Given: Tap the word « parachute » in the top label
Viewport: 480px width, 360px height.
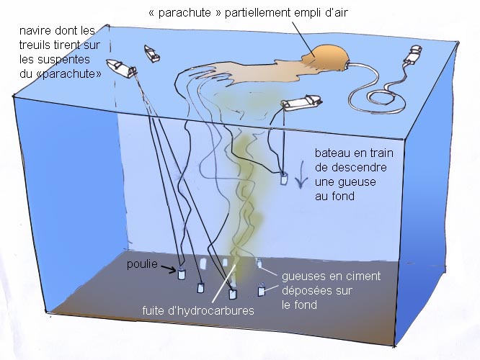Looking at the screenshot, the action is coord(185,13).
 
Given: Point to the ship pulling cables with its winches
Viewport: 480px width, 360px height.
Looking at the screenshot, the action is coord(121,68).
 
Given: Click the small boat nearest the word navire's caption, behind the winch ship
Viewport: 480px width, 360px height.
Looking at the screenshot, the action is coord(151,53).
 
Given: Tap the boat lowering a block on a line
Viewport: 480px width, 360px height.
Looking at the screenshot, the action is coord(301,102).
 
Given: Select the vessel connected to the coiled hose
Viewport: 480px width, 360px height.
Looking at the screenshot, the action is coord(414,55).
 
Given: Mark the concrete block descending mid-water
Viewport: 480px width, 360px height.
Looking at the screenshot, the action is coord(284,179).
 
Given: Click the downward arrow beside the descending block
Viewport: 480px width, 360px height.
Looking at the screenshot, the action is coord(301,174).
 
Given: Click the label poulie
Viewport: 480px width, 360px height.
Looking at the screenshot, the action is coord(142,264).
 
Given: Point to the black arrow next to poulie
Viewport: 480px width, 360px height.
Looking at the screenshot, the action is coord(169,269).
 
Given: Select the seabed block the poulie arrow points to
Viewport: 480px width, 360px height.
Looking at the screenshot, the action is coord(182,274).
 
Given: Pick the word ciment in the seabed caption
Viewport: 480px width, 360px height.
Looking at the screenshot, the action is coord(363,276).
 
